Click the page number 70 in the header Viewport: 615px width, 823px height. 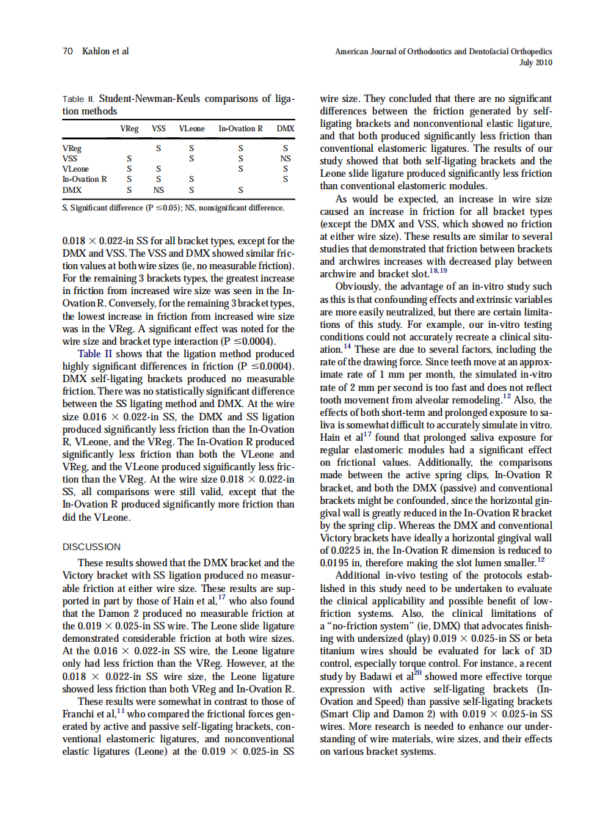tap(67, 51)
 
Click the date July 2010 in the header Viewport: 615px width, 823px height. tap(536, 62)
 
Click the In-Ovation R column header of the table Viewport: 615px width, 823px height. tap(240, 129)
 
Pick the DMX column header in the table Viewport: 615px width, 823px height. tap(285, 129)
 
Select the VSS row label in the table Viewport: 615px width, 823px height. tap(70, 158)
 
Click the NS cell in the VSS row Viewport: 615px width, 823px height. tap(285, 158)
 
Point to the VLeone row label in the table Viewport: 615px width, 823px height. tap(75, 168)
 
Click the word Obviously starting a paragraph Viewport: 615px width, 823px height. tap(358, 286)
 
